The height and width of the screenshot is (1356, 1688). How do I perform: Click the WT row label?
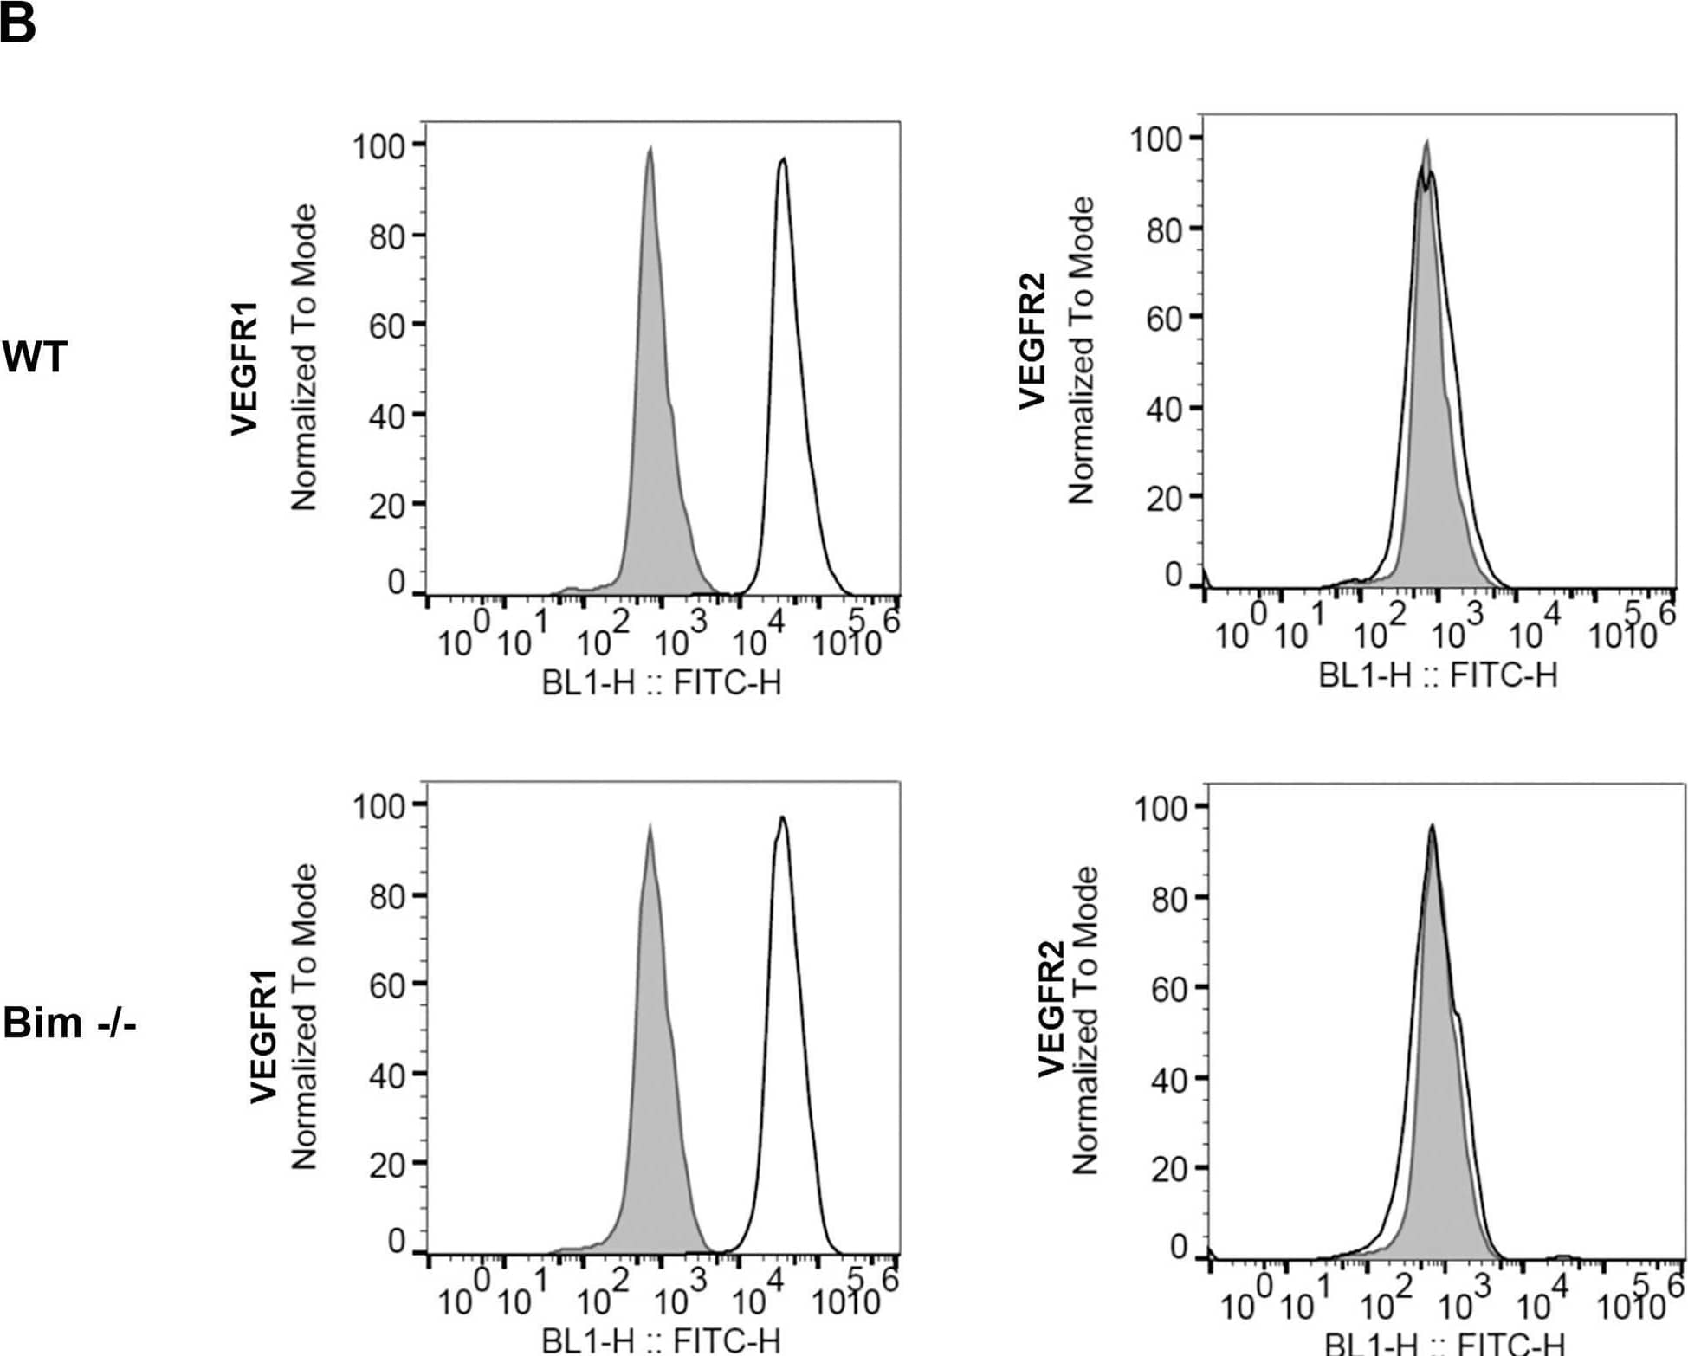pyautogui.click(x=35, y=357)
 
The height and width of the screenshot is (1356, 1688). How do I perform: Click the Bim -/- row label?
pyautogui.click(x=69, y=1023)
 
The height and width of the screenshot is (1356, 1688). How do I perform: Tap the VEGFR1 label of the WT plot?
pyautogui.click(x=245, y=368)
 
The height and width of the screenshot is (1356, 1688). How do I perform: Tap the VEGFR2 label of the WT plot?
pyautogui.click(x=1032, y=339)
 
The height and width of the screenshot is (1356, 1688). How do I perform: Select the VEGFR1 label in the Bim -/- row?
pyautogui.click(x=263, y=1036)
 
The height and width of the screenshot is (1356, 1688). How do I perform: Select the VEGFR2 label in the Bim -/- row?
pyautogui.click(x=1051, y=1009)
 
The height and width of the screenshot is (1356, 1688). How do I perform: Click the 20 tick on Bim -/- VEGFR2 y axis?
pyautogui.click(x=1169, y=1169)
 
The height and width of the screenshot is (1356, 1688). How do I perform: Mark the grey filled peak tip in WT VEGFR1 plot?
pyautogui.click(x=650, y=150)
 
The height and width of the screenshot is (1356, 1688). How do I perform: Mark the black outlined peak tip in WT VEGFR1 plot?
pyautogui.click(x=783, y=159)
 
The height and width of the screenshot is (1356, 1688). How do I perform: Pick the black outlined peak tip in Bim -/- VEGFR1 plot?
pyautogui.click(x=782, y=817)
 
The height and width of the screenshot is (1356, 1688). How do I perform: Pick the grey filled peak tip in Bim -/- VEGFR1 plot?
pyautogui.click(x=650, y=827)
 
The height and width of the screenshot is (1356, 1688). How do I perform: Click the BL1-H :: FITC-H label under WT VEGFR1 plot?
pyautogui.click(x=662, y=683)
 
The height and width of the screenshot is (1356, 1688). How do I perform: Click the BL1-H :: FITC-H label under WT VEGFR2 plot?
pyautogui.click(x=1438, y=675)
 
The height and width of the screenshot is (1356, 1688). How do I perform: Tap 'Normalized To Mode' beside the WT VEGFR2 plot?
pyautogui.click(x=1081, y=351)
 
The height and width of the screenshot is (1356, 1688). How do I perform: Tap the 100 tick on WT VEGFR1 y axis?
pyautogui.click(x=379, y=146)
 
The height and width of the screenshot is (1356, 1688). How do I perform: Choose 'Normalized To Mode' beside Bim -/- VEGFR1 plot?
pyautogui.click(x=304, y=1017)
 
